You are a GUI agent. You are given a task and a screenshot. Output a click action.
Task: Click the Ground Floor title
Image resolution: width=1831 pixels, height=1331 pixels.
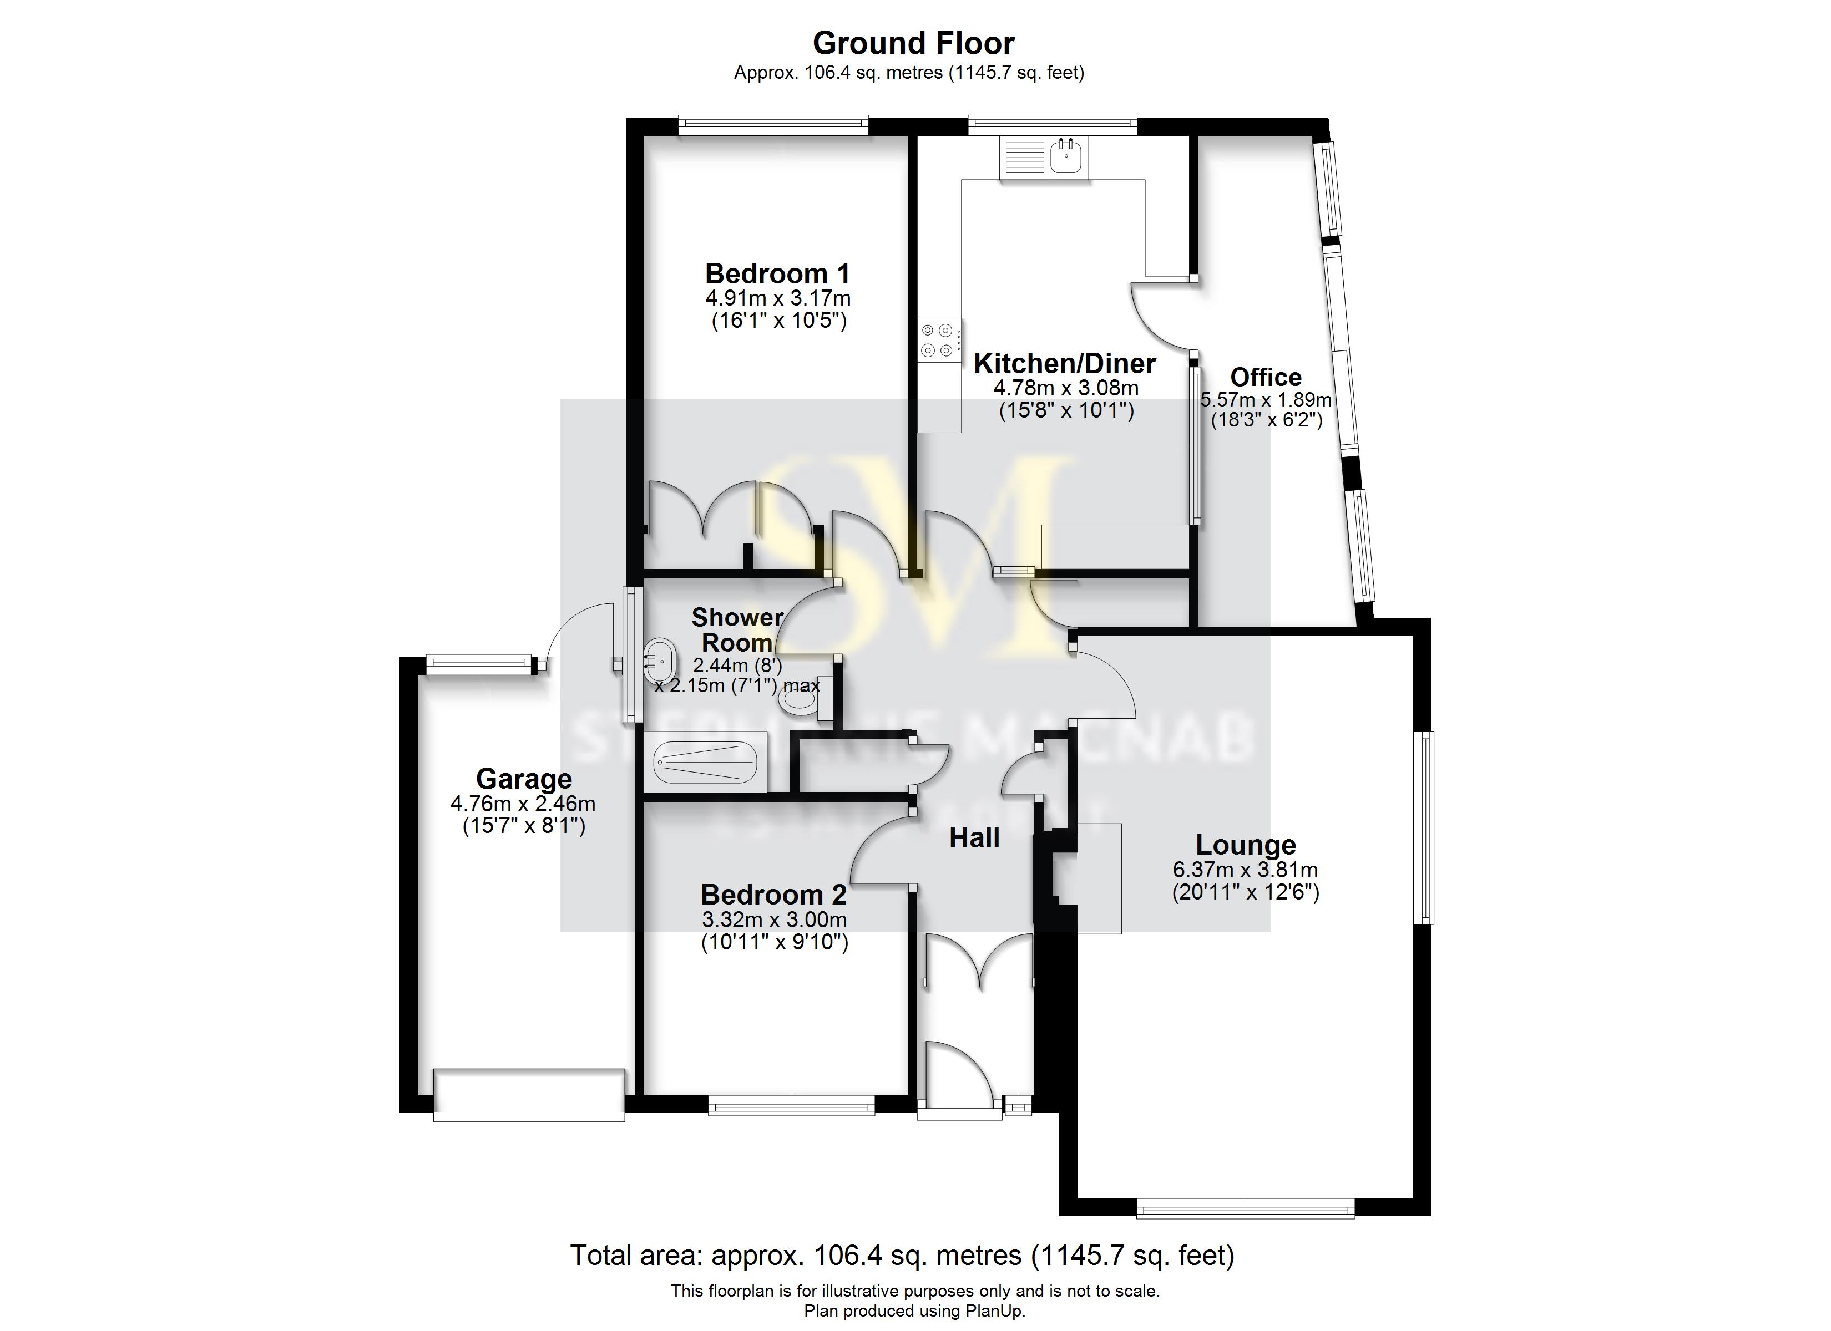(x=913, y=43)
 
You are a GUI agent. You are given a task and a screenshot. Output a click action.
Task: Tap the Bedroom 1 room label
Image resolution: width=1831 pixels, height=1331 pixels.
(x=777, y=273)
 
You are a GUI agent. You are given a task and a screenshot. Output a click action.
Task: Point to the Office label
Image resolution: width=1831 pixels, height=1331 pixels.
(x=1265, y=377)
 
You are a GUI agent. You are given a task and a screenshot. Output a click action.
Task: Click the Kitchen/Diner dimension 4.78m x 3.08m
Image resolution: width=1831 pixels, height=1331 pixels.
(x=1066, y=388)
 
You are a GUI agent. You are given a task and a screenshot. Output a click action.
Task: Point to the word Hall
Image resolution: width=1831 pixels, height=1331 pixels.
(x=974, y=838)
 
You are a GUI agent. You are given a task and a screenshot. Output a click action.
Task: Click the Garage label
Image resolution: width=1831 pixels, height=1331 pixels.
(x=524, y=779)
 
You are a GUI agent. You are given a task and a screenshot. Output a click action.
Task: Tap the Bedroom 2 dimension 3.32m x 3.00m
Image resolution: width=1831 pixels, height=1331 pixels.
(x=774, y=919)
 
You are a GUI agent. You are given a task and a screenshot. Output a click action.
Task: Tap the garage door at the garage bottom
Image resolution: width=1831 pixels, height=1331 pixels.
(x=529, y=1095)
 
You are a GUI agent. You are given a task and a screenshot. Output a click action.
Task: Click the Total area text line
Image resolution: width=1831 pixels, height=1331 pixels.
(x=902, y=1255)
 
